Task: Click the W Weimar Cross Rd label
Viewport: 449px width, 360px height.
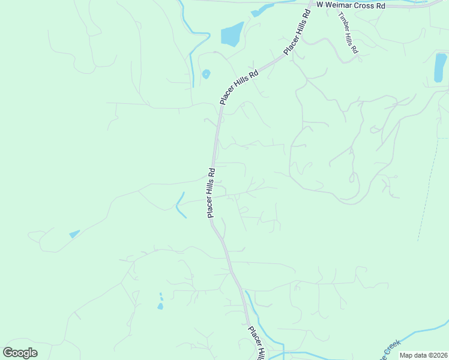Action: (351, 5)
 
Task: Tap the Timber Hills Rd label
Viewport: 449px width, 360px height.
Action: (348, 33)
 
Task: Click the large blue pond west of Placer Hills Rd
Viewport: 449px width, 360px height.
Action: (232, 35)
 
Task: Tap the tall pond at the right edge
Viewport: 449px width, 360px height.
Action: (440, 67)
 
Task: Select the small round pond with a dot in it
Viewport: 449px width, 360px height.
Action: (206, 74)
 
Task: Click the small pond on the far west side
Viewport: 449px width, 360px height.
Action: (74, 233)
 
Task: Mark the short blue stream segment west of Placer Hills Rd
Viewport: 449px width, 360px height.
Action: (179, 205)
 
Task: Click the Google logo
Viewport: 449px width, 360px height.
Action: (20, 352)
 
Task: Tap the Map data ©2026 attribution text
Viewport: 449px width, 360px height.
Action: (423, 355)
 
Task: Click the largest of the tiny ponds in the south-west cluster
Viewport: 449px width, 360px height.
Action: (160, 307)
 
